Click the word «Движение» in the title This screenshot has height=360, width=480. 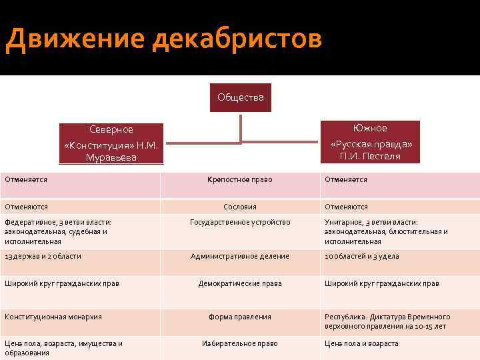73,39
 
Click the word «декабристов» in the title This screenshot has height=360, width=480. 237,39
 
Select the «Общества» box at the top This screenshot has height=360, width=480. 240,97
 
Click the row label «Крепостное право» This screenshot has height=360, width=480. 240,180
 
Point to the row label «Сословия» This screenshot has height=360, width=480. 240,207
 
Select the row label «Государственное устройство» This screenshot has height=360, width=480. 240,222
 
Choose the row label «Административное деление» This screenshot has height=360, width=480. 240,256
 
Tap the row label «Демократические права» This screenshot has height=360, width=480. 240,283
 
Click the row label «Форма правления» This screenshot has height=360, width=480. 240,317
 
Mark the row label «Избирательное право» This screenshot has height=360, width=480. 240,343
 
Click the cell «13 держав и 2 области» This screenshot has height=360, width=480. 43,256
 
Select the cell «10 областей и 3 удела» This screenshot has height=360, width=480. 361,256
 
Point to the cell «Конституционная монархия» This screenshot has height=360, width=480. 53,317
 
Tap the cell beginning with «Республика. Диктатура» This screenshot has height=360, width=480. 387,321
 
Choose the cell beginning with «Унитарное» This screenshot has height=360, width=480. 386,231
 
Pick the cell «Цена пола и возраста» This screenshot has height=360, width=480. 361,343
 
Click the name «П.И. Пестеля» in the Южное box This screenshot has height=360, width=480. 371,157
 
